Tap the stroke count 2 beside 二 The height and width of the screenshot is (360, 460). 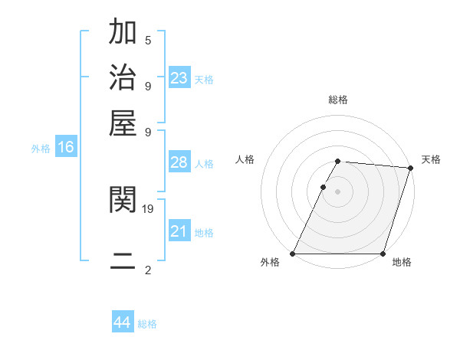point(148,270)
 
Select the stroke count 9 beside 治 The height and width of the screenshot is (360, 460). point(148,85)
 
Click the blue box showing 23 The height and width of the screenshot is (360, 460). point(179,78)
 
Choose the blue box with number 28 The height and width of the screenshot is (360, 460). point(179,162)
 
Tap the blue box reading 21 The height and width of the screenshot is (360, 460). point(179,231)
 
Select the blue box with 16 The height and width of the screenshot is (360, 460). point(66,148)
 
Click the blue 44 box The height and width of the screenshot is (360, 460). point(123,322)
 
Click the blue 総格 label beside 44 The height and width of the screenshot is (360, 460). point(147,324)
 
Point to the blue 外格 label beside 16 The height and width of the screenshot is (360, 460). point(41,149)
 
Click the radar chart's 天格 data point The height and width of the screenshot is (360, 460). point(411,169)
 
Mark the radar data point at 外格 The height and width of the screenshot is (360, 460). point(292,254)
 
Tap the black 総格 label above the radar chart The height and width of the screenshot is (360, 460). point(338,100)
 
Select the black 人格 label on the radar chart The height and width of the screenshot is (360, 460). point(245,159)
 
